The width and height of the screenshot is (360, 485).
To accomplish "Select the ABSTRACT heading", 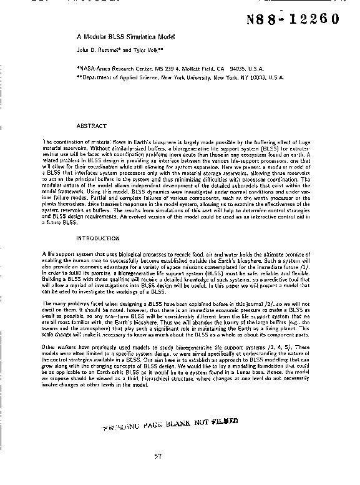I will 91,126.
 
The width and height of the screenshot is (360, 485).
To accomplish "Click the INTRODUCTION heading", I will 97,238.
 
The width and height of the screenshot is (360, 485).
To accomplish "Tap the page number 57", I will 158,456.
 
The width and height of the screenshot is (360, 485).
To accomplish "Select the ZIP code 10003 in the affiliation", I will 254,77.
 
